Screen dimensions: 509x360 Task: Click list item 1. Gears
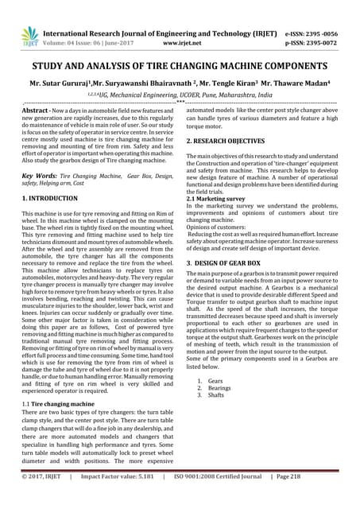pyautogui.click(x=211, y=382)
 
